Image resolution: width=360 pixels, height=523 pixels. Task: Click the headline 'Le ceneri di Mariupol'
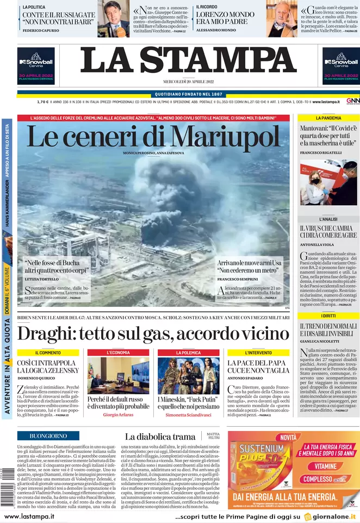(153, 136)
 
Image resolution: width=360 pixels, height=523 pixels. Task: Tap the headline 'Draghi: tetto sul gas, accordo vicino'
(153, 333)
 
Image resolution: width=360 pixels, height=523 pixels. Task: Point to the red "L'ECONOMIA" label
(118, 353)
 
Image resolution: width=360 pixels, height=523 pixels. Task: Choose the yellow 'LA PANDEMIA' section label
(328, 118)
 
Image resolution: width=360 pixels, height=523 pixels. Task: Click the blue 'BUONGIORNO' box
(48, 435)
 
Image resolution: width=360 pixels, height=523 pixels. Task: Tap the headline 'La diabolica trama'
(160, 436)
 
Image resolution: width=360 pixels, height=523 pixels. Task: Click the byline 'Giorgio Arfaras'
(118, 414)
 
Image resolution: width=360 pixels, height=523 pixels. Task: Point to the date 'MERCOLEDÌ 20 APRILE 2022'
(188, 82)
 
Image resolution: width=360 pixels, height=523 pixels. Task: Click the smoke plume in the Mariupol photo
(163, 190)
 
